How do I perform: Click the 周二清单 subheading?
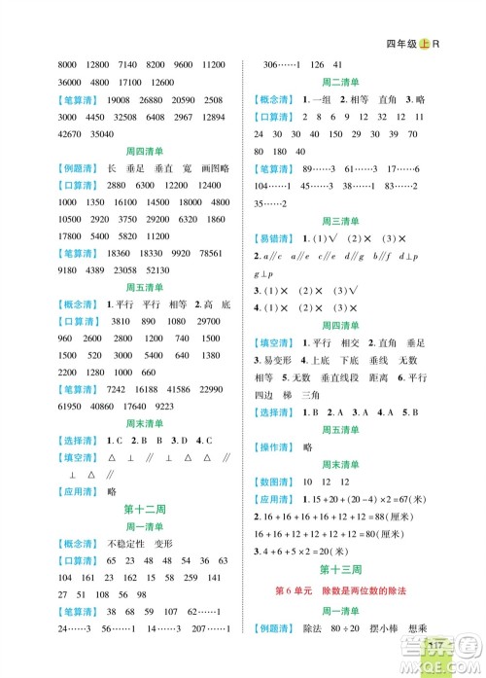point(363,83)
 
